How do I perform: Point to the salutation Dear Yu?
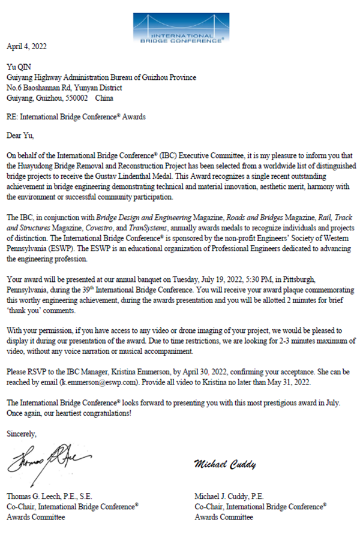(x=22, y=134)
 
